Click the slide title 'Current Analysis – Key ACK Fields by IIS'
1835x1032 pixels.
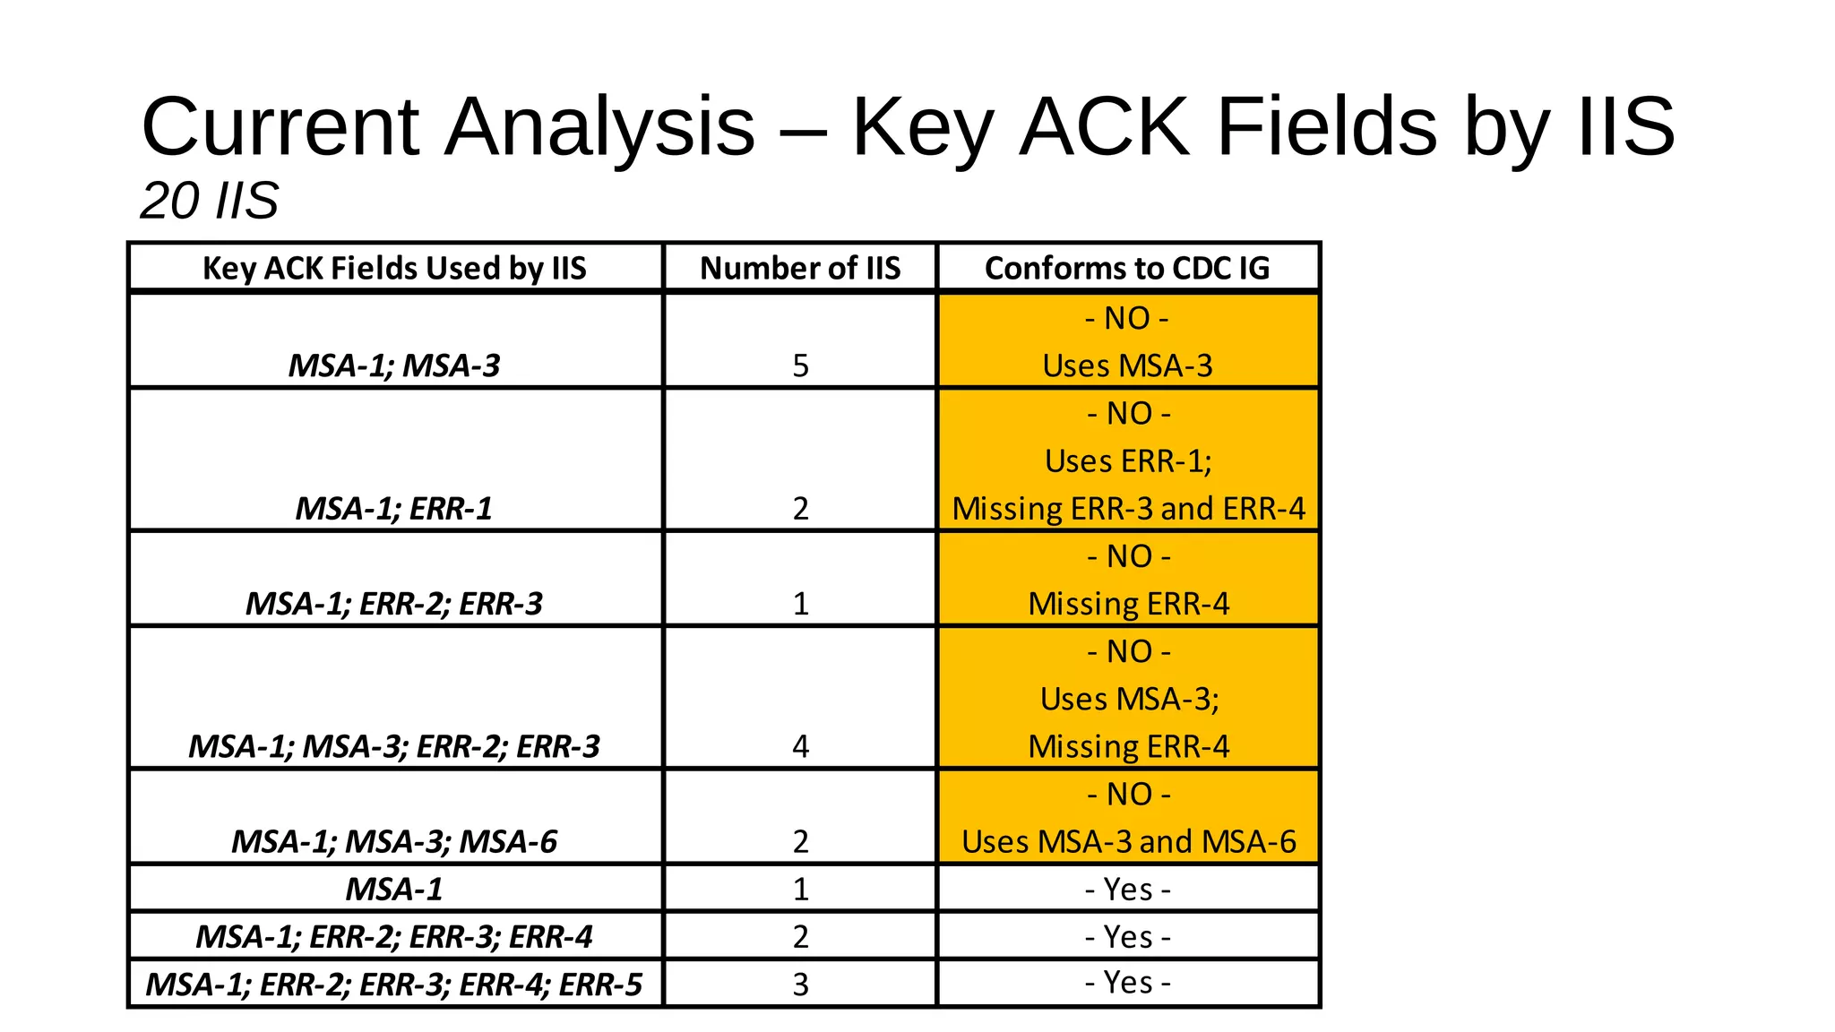(907, 127)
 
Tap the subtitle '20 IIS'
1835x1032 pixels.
(210, 200)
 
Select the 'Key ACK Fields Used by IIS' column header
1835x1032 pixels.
(394, 268)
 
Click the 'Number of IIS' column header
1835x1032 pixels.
(800, 268)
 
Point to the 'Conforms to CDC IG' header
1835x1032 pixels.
(1127, 268)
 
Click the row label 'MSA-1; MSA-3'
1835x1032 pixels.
(394, 365)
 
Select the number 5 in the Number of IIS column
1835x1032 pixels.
(800, 365)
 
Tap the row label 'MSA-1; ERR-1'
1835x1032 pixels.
(394, 509)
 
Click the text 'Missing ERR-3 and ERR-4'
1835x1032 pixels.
(1128, 509)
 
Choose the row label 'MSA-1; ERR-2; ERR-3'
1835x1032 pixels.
(394, 604)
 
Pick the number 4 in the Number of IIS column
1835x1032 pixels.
(800, 746)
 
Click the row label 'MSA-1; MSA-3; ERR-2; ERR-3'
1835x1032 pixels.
(394, 746)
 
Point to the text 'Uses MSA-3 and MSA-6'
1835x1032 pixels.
(1128, 842)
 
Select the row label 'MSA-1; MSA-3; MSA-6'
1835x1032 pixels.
(394, 842)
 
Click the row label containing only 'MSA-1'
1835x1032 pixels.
(394, 890)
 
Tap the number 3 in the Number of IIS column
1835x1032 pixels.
(800, 985)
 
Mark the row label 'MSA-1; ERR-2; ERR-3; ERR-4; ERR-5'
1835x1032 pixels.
(394, 985)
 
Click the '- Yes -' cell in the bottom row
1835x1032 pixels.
(1127, 984)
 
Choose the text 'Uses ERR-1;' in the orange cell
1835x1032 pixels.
(1128, 461)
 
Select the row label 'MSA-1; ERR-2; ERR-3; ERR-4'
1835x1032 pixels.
(394, 937)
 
